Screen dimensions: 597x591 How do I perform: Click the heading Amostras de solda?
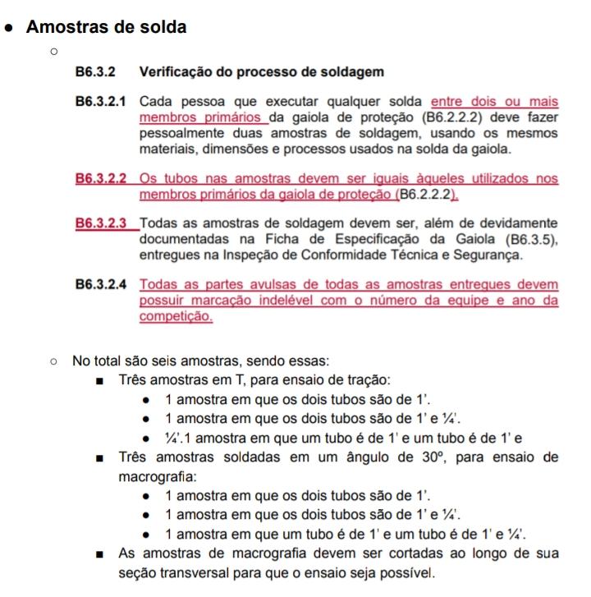coord(107,26)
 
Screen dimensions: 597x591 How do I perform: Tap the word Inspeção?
coord(256,255)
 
